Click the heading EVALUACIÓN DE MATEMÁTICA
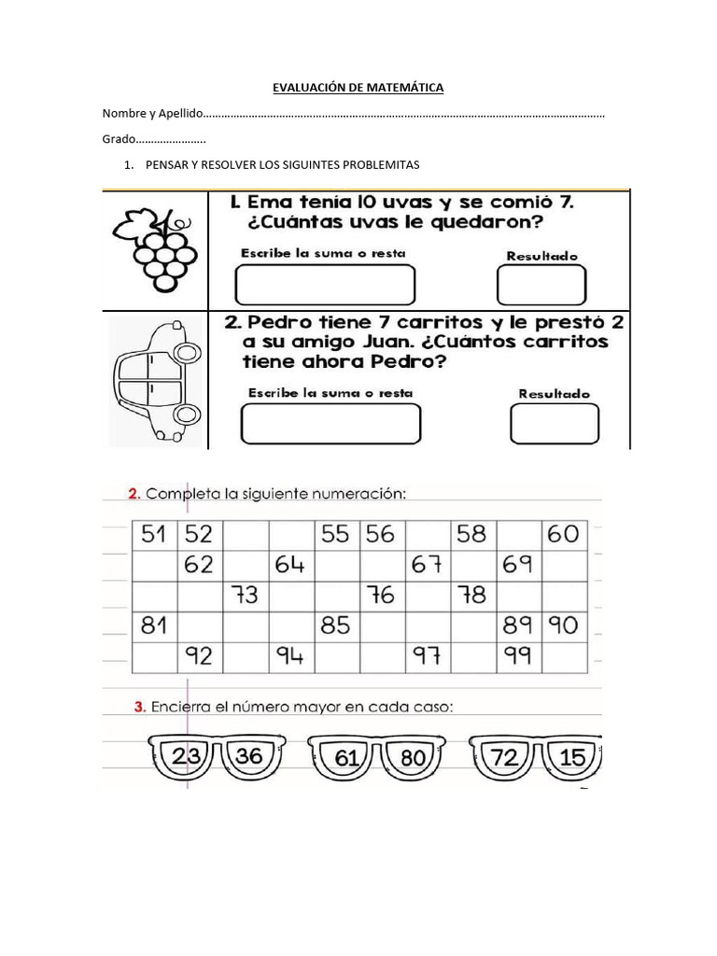pos(358,88)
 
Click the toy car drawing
pos(155,380)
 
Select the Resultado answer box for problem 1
pos(541,285)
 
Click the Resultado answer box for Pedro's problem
pos(555,424)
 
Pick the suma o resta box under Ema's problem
pos(325,285)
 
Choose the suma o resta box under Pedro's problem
pos(330,424)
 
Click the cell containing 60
pos(563,535)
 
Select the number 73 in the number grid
pos(246,595)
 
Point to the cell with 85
pos(335,625)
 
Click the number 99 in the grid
pos(517,656)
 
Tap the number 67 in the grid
pos(426,565)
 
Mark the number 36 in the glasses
pos(249,755)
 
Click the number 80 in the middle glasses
pos(412,758)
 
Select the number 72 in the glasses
pos(504,757)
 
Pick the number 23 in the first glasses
pos(188,756)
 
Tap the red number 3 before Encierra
pos(139,707)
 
